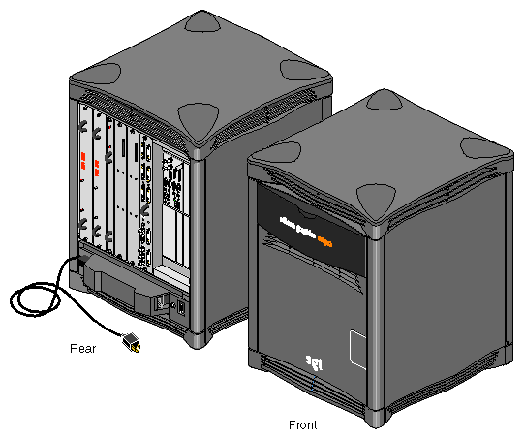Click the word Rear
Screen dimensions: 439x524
pyautogui.click(x=82, y=348)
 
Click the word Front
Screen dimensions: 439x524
pyautogui.click(x=303, y=424)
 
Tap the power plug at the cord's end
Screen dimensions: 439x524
pyautogui.click(x=128, y=341)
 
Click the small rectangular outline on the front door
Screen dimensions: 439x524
pyautogui.click(x=355, y=344)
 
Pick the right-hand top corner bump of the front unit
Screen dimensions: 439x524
pyautogui.click(x=481, y=148)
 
